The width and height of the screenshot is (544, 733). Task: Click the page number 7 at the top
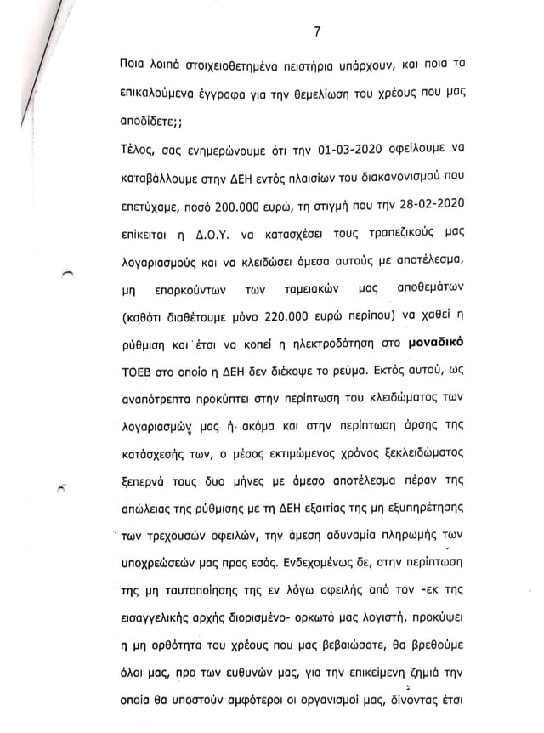(317, 32)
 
